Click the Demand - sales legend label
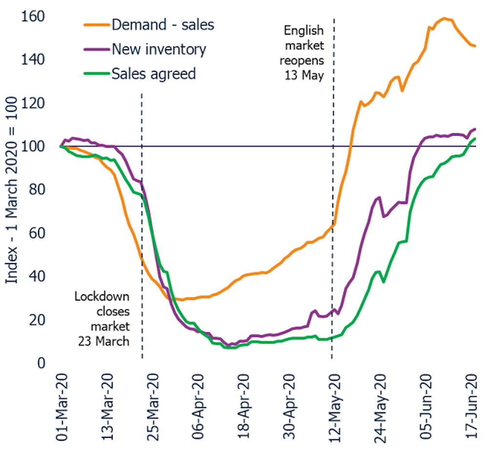[163, 24]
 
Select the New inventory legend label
[159, 49]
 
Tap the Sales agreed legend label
[154, 74]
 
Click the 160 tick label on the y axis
[33, 17]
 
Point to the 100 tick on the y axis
[33, 146]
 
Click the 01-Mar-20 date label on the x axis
[62, 408]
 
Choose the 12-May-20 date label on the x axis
[333, 408]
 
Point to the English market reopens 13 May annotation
[304, 54]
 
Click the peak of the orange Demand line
[444, 19]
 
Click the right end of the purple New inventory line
[475, 129]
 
